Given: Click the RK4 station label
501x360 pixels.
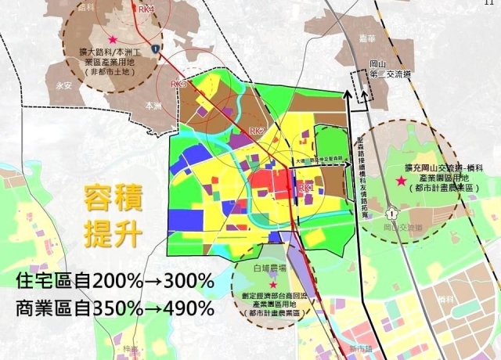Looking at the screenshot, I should tap(146, 9).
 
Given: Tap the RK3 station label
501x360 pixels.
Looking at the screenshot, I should tap(178, 83).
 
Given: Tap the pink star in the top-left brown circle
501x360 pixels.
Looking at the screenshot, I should tap(114, 39).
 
